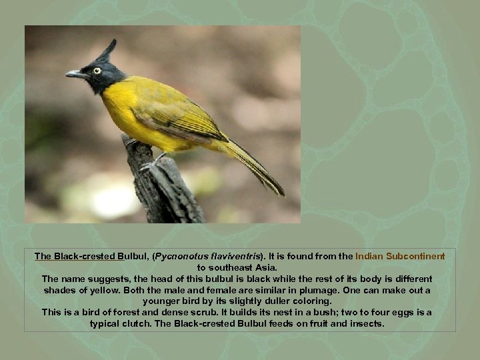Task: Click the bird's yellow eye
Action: (x=97, y=70)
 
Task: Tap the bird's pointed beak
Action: (x=74, y=74)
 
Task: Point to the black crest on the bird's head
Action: (x=107, y=50)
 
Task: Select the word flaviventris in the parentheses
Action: (x=235, y=256)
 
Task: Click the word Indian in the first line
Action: (x=370, y=256)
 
